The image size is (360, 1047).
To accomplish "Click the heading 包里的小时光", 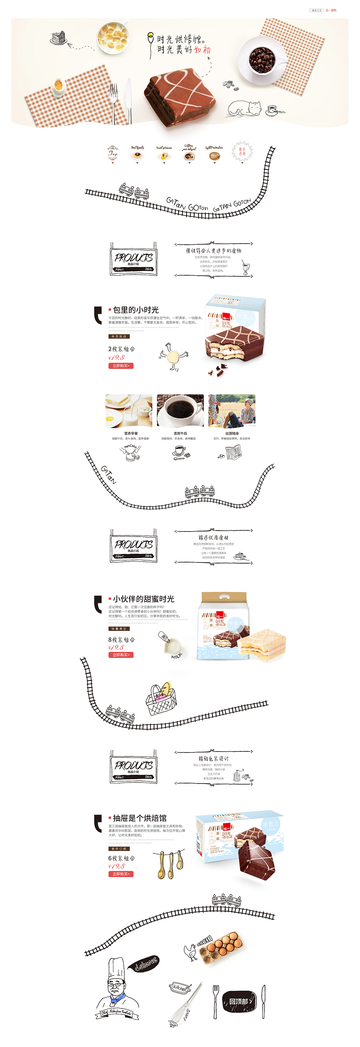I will pyautogui.click(x=136, y=310).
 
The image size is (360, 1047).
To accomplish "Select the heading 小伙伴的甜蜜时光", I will pyautogui.click(x=143, y=599).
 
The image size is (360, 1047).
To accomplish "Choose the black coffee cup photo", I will pyautogui.click(x=180, y=411).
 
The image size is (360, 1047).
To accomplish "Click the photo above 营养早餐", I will pyautogui.click(x=129, y=411).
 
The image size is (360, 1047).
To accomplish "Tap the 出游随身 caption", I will pyautogui.click(x=231, y=434).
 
